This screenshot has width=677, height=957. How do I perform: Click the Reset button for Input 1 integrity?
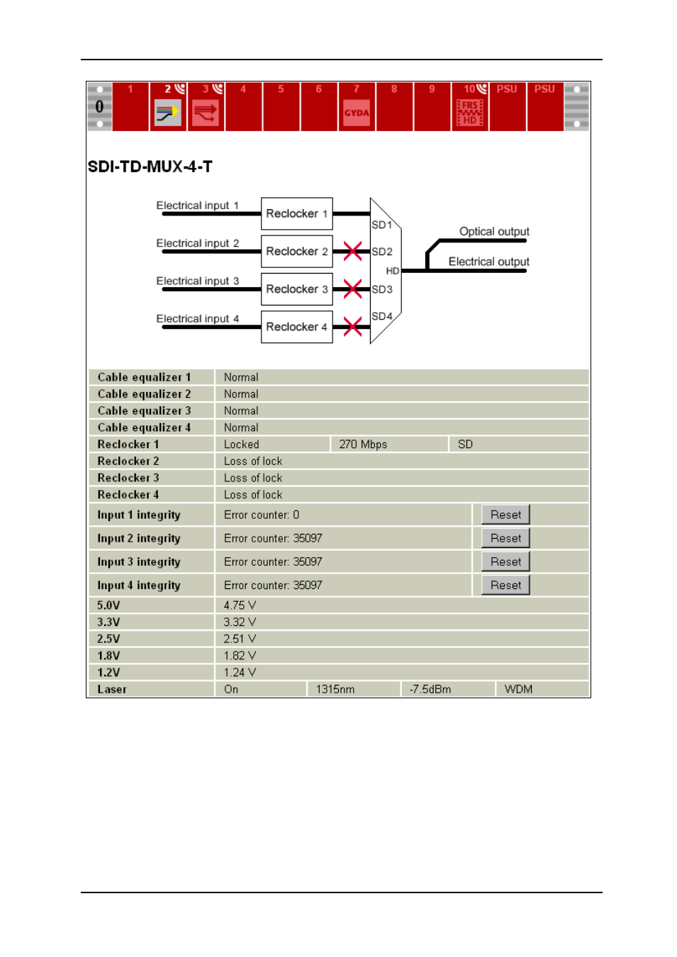coord(505,515)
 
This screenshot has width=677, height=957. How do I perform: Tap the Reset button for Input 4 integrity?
coord(505,585)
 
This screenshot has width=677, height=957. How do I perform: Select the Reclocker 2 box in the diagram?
coord(296,251)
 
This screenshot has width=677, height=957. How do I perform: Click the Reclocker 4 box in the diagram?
coord(296,327)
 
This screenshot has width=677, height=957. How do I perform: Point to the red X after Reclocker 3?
coord(352,289)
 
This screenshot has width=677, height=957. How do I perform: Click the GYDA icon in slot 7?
coord(357,113)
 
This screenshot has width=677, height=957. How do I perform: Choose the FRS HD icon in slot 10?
coord(469,113)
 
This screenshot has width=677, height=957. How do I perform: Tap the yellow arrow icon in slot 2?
coord(168,113)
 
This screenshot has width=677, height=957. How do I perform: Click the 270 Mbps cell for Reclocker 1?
coord(363,444)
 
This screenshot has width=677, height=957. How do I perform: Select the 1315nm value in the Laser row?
coord(335,689)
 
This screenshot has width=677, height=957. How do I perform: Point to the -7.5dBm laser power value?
coord(430,689)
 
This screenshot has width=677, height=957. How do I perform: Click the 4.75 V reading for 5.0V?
coord(240,605)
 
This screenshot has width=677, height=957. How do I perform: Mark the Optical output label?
coord(494,232)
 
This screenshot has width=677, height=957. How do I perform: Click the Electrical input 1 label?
coord(197,206)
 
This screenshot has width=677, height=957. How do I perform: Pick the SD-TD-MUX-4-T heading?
coord(150,167)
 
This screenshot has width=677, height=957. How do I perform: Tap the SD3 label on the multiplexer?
coord(381,289)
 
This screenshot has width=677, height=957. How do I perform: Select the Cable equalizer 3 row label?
coord(144,411)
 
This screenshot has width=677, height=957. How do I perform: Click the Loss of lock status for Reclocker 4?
coord(253,495)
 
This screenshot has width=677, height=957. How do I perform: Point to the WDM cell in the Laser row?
coord(518,689)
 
